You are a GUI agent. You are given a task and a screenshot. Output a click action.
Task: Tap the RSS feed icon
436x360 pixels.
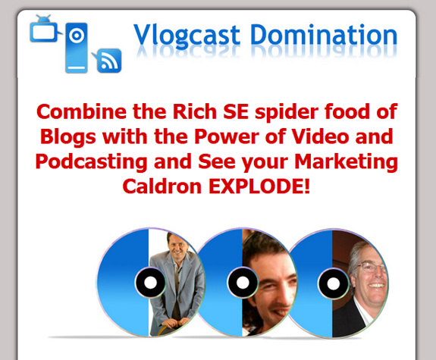tap(108, 60)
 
